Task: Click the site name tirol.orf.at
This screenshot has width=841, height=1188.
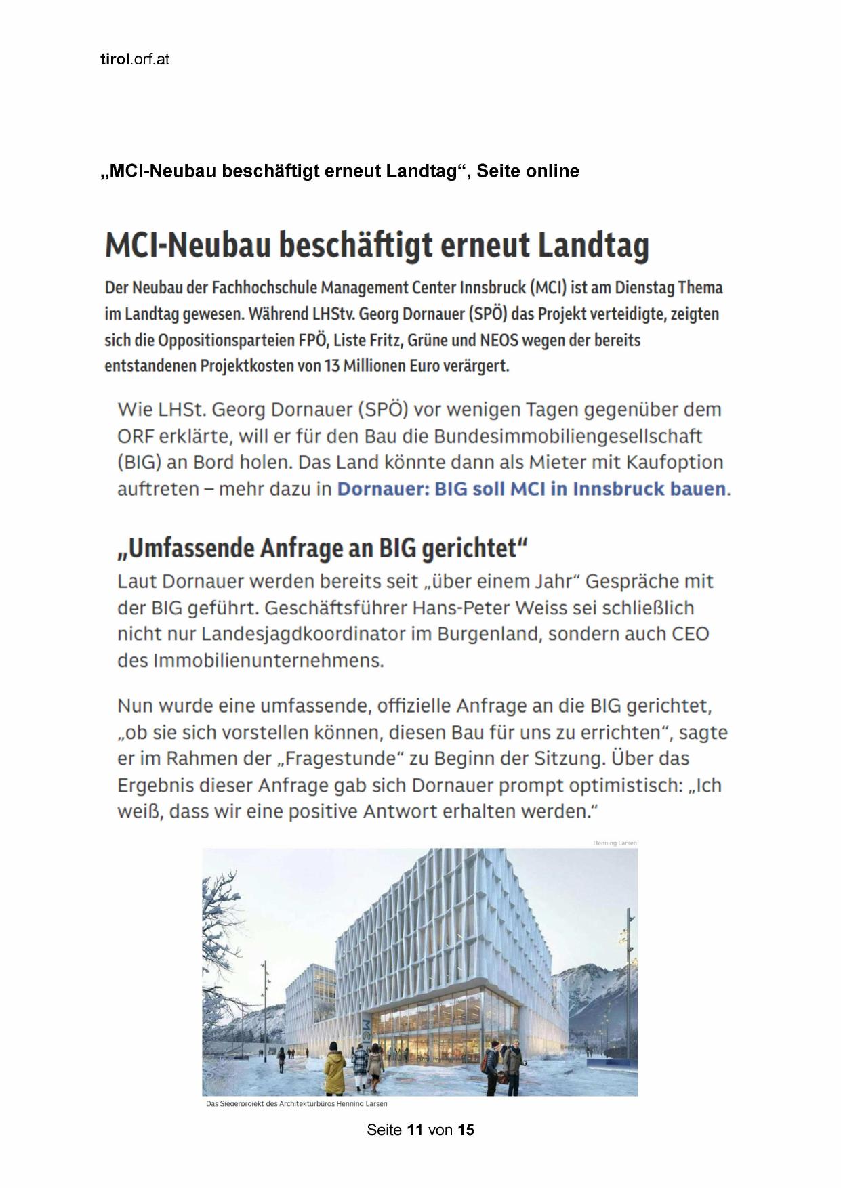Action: [x=134, y=60]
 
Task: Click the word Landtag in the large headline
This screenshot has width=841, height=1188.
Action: [x=593, y=245]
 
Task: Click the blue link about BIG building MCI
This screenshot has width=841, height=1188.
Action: [x=531, y=489]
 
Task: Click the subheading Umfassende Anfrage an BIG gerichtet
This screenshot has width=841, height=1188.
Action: [x=322, y=548]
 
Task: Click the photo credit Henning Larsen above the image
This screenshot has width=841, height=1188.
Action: [x=615, y=843]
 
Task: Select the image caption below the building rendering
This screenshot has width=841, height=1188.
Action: [x=297, y=1104]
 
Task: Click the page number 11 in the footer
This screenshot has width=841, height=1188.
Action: [x=415, y=1130]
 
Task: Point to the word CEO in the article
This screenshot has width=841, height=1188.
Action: [x=690, y=635]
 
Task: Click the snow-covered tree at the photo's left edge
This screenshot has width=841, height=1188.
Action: [x=218, y=908]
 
